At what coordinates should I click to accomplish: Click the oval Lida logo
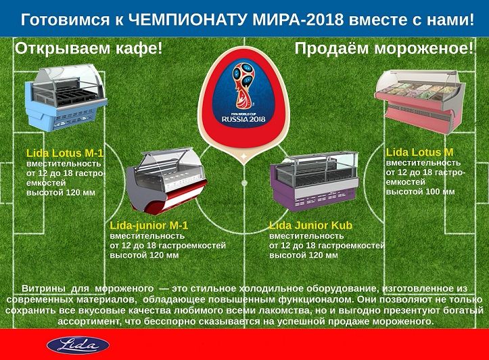click(78, 345)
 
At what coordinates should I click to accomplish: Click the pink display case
click(419, 100)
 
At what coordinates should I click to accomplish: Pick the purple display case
click(315, 181)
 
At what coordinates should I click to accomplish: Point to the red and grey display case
click(167, 180)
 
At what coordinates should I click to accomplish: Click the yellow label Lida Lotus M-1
click(65, 153)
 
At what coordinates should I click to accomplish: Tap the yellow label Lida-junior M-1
click(149, 225)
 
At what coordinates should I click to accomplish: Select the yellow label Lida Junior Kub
click(310, 225)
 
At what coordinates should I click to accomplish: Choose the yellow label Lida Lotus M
click(419, 152)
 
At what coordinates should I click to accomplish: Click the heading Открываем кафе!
click(89, 49)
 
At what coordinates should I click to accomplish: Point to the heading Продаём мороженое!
click(384, 49)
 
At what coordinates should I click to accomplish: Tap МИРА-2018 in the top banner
click(298, 20)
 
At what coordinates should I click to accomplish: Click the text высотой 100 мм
click(420, 192)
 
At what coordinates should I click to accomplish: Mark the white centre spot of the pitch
click(245, 183)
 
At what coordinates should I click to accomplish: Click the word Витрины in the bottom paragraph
click(44, 288)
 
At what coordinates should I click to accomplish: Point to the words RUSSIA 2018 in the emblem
click(243, 119)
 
